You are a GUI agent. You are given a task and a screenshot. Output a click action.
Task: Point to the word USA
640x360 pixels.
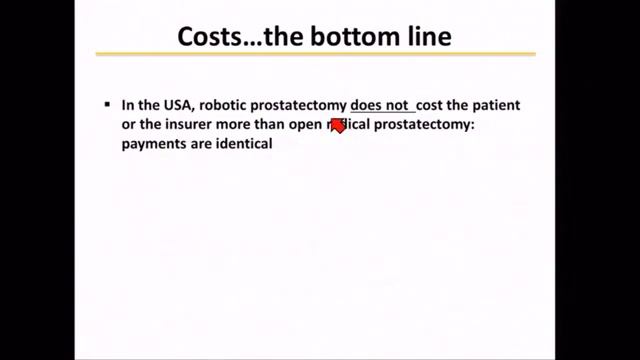(176, 104)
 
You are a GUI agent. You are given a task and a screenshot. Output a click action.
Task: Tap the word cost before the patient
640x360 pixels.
(432, 104)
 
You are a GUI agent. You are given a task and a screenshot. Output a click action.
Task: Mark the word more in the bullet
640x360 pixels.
(230, 124)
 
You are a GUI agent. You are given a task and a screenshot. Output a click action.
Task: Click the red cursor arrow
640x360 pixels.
(337, 126)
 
